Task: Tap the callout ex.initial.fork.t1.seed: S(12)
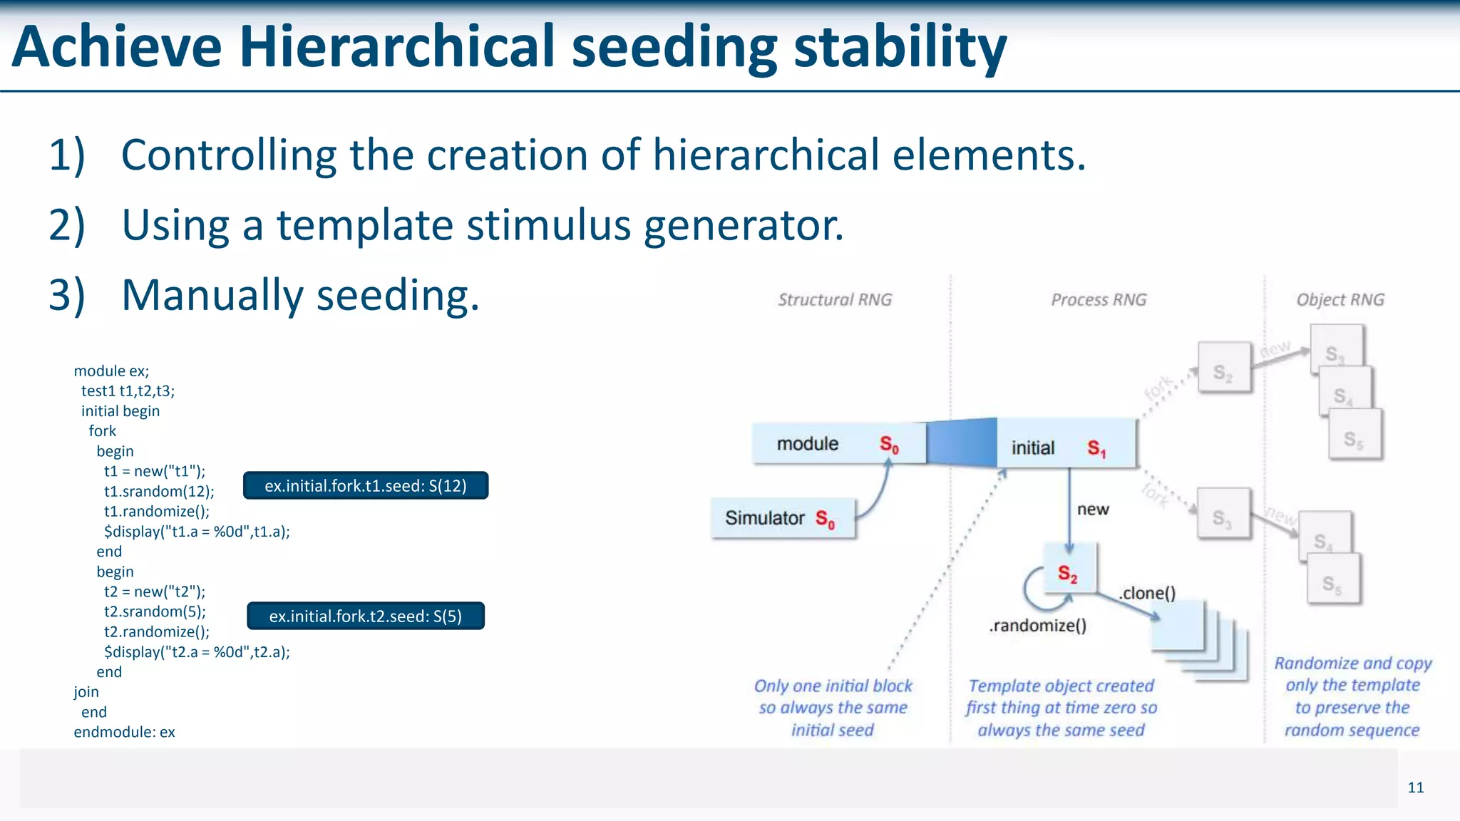pyautogui.click(x=366, y=485)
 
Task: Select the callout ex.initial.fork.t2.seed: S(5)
pyautogui.click(x=366, y=616)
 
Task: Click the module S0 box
pyautogui.click(x=838, y=444)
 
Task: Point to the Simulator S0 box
pyautogui.click(x=782, y=518)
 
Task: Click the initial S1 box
pyautogui.click(x=1065, y=447)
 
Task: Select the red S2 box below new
pyautogui.click(x=1069, y=569)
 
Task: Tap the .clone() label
pyautogui.click(x=1147, y=593)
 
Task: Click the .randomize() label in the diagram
pyautogui.click(x=1038, y=626)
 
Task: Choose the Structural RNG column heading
pyautogui.click(x=835, y=300)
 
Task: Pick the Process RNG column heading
pyautogui.click(x=1099, y=300)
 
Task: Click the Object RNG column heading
pyautogui.click(x=1340, y=300)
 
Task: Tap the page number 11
pyautogui.click(x=1415, y=788)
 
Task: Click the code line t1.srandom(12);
pyautogui.click(x=159, y=492)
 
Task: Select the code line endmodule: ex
pyautogui.click(x=124, y=733)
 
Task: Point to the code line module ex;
pyautogui.click(x=111, y=371)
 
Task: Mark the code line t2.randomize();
pyautogui.click(x=157, y=632)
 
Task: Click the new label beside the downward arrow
pyautogui.click(x=1093, y=510)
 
